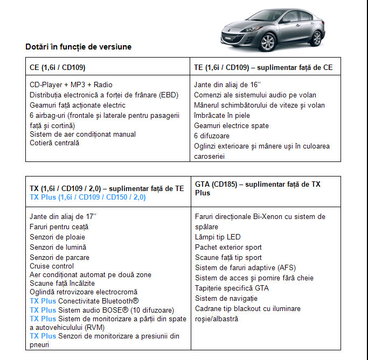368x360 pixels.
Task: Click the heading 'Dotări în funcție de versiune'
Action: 78,47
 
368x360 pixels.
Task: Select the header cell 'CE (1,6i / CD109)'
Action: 58,67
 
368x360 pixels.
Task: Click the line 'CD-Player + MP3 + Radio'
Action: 71,84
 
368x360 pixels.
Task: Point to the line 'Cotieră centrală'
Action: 54,143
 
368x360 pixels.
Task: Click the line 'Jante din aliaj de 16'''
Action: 227,84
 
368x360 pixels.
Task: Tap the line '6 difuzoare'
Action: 212,136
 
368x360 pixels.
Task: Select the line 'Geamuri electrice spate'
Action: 231,125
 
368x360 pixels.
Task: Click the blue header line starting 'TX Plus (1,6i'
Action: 87,197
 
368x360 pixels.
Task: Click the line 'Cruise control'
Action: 52,266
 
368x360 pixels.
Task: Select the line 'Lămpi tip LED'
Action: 218,237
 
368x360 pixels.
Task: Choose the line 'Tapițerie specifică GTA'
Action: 232,288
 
